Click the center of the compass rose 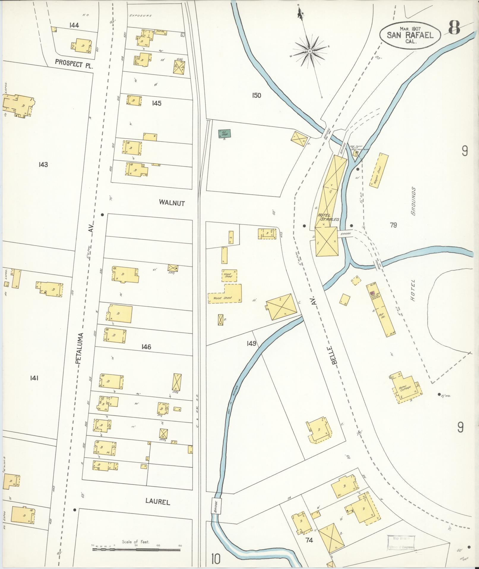tap(310, 51)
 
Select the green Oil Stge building tap(225, 134)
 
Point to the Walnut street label tap(172, 203)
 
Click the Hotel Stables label tap(328, 217)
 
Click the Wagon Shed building tap(379, 170)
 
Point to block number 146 tap(146, 347)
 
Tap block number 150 tap(256, 95)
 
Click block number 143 tap(43, 164)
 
